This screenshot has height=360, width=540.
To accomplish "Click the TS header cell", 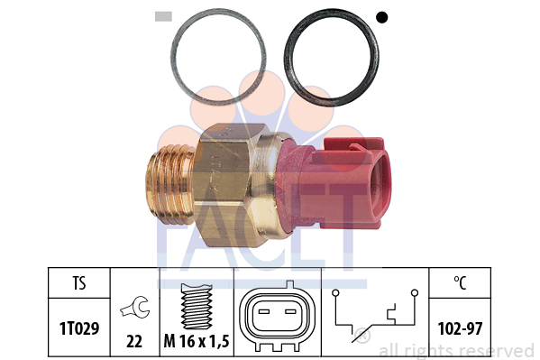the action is pos(79,283).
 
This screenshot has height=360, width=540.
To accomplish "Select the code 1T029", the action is pos(79,328).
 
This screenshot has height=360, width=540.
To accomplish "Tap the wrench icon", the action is pos(135,306).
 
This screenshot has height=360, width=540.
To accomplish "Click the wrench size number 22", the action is pos(134,341).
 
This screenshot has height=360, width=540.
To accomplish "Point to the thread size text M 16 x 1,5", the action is pos(197,341).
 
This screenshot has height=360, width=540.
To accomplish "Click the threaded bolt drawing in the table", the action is pos(197,306).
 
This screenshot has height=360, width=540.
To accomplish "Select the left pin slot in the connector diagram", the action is pos(264,311).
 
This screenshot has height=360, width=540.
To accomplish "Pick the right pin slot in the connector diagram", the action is pos(291,311).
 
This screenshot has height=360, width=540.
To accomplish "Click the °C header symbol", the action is pos(460,283).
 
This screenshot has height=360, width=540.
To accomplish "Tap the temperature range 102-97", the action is pos(460,328).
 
